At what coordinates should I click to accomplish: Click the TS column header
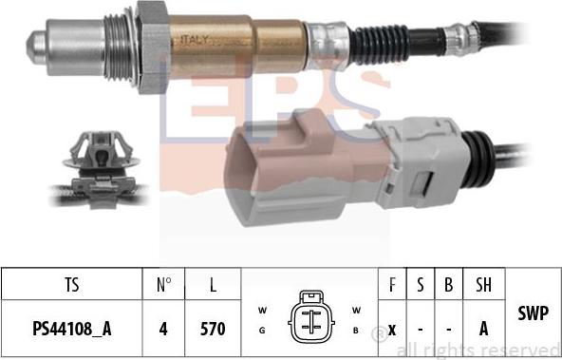tap(69, 283)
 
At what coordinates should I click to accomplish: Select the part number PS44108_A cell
tap(69, 329)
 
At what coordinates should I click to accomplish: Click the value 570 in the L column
tap(213, 329)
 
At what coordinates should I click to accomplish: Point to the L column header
tap(213, 283)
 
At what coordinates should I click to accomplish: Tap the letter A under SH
tap(482, 329)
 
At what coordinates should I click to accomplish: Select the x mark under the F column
tap(391, 329)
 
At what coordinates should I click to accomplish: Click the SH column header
tap(482, 283)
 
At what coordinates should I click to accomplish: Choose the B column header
tap(449, 283)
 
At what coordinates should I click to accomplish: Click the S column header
tap(421, 283)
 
